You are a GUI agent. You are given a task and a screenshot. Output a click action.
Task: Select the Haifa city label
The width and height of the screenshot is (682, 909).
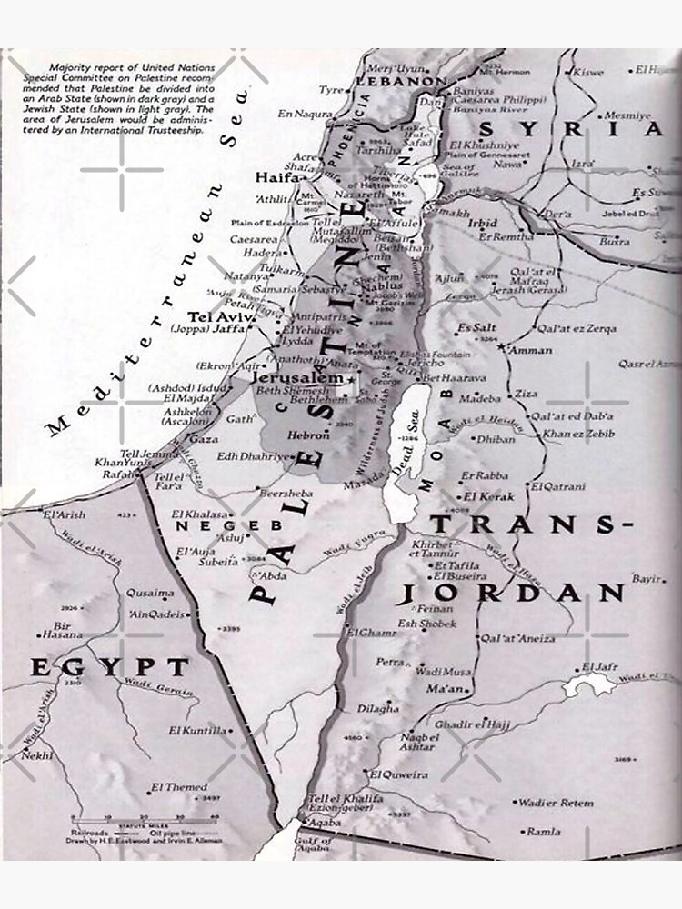[277, 178]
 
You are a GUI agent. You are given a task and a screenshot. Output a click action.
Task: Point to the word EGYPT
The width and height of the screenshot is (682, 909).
[110, 668]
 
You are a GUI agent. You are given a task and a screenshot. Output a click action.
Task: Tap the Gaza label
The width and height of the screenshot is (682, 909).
[203, 438]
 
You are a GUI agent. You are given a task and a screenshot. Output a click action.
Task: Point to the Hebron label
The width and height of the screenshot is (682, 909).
[302, 435]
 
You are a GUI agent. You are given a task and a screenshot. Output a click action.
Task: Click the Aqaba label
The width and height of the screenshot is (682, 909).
[325, 822]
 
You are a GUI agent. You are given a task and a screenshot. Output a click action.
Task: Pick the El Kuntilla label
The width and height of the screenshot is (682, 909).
[197, 730]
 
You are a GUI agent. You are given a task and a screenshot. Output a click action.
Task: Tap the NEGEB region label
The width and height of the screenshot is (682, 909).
[216, 525]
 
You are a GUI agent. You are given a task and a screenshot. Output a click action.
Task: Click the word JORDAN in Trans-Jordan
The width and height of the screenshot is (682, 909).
[513, 594]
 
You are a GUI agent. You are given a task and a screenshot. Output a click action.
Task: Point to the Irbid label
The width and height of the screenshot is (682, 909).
[482, 221]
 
